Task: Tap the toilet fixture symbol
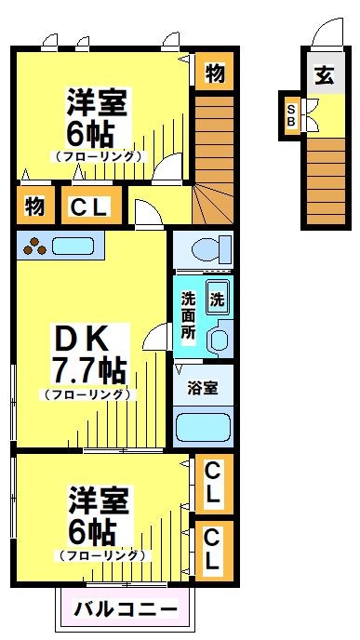tap(206, 249)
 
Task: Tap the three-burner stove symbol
tap(34, 247)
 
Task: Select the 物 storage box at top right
tap(214, 73)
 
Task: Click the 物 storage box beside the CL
tap(34, 207)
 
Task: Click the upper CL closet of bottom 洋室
tap(213, 483)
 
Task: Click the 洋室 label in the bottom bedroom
tap(97, 501)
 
